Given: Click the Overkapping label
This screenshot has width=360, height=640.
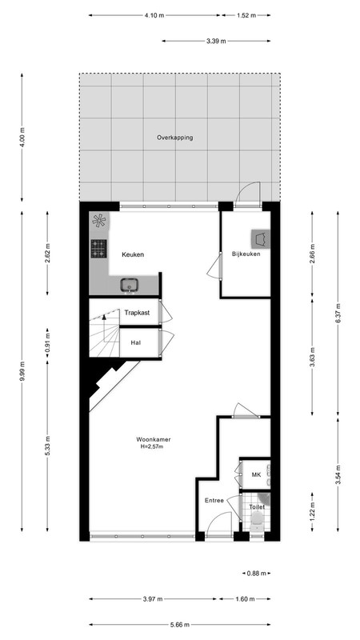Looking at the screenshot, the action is tap(174, 138).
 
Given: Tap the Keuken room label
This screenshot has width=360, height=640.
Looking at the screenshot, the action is tap(133, 254).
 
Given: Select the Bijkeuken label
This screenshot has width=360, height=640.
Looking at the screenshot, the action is tap(246, 254).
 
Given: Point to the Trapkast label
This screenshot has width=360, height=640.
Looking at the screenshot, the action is tap(137, 313).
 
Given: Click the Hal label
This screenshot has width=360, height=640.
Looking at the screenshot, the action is tap(136, 343).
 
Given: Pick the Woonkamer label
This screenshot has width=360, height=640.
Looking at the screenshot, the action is tap(154, 439).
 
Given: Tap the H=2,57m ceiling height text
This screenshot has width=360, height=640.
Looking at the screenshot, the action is tap(152, 447).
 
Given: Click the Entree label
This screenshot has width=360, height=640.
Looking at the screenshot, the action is tap(214, 501).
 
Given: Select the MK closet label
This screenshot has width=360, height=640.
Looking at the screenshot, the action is tap(256, 474).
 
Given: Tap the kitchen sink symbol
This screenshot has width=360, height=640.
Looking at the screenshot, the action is tap(130, 285).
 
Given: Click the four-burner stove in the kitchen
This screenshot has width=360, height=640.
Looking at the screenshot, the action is tap(98, 249).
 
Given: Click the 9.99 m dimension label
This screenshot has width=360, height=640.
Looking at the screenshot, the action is tap(22, 371).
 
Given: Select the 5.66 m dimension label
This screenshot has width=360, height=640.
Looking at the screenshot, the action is tap(180, 625).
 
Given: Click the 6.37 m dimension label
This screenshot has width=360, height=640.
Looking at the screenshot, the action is tap(338, 314).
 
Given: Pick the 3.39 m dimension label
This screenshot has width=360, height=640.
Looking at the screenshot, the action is tap(216, 41).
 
